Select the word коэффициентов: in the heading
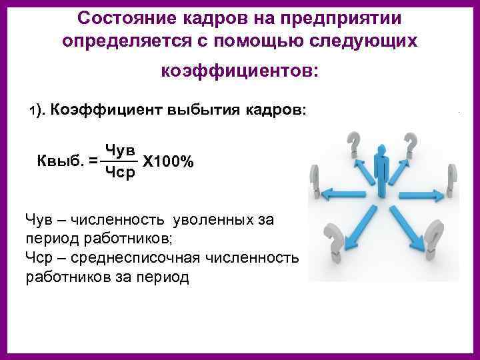coord(240,69)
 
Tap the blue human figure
coord(382,167)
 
